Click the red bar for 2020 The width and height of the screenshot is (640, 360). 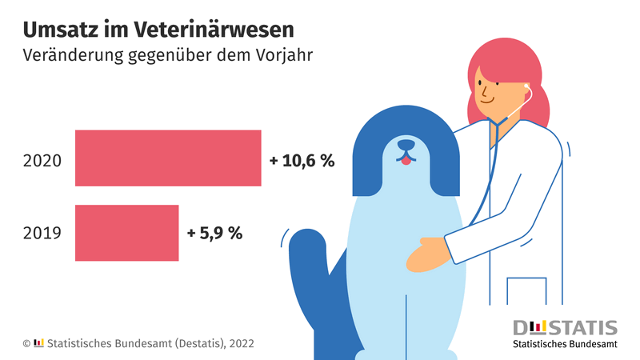click(x=168, y=158)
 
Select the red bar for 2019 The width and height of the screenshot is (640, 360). click(x=126, y=233)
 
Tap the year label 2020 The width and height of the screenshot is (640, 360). click(x=42, y=160)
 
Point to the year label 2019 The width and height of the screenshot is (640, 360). click(x=42, y=234)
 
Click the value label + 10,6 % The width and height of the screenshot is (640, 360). click(x=302, y=160)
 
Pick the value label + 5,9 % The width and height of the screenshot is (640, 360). click(x=214, y=234)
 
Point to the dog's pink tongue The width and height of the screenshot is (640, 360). click(x=406, y=160)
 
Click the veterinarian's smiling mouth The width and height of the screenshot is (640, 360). click(x=486, y=100)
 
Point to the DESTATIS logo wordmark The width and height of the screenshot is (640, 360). click(x=565, y=328)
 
